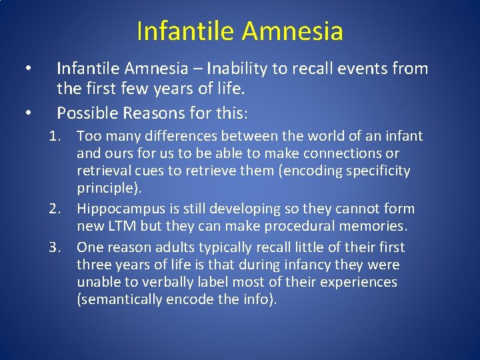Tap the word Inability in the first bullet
tap(239, 69)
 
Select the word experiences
tap(359, 282)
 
